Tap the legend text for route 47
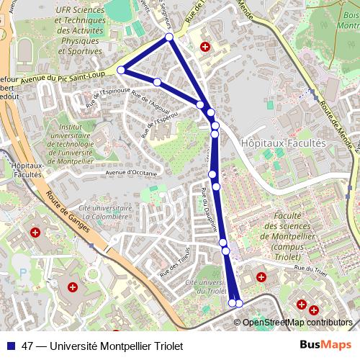[x=103, y=346]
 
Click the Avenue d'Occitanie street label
[x=130, y=173]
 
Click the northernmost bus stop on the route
[x=169, y=37]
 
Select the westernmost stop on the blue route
[x=121, y=70]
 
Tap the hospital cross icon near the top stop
[x=205, y=47]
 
